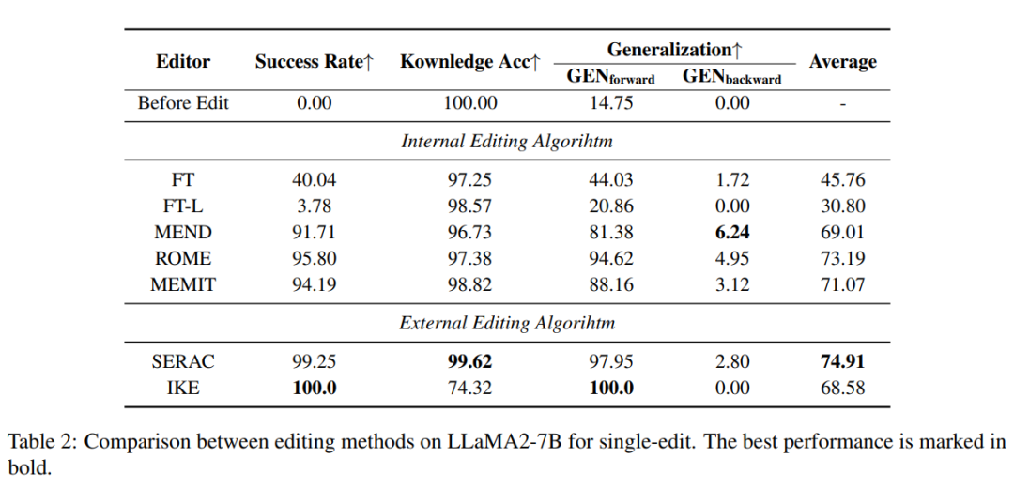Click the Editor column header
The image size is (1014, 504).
coord(183,62)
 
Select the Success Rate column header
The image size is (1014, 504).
coord(315,62)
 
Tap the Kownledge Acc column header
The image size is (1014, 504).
coord(470,62)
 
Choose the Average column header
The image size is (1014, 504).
coord(842,62)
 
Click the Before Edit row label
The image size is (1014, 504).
coord(183,103)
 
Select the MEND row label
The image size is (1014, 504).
coord(183,232)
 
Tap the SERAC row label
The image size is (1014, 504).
coord(183,362)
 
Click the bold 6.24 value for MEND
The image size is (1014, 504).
coord(732,232)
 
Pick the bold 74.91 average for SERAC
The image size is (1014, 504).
coord(842,362)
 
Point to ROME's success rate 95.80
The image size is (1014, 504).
coord(315,258)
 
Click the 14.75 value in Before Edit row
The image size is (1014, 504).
coord(610,103)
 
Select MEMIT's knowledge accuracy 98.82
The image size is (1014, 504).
coord(470,284)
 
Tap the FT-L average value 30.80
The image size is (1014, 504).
coord(842,206)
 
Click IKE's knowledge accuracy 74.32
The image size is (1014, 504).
coord(470,388)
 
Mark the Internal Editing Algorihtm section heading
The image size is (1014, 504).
coord(507,142)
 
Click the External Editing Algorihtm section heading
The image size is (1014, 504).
coord(507,323)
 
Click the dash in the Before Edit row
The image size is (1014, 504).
coord(842,104)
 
